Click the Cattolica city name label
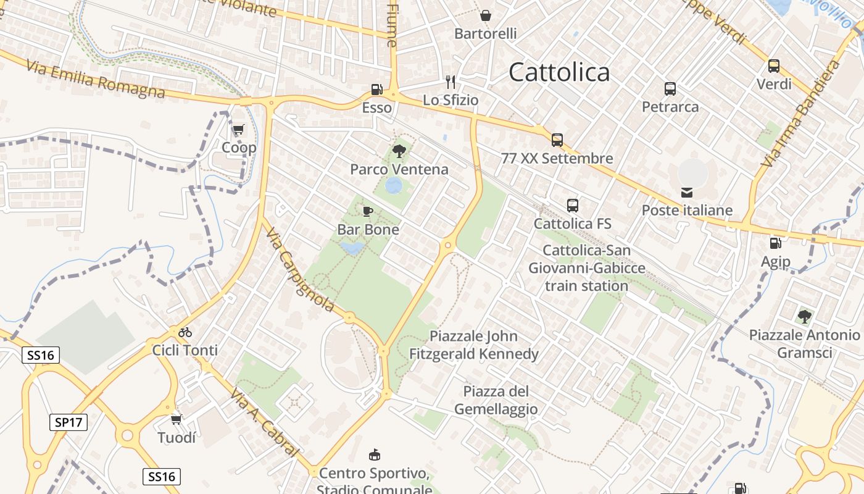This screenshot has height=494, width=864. [559, 72]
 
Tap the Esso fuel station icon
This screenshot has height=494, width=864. [376, 90]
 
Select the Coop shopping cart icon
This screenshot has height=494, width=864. [238, 130]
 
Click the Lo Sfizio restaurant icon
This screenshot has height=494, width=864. [451, 82]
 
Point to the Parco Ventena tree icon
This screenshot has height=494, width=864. [399, 151]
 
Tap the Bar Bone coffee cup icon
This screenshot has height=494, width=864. [368, 212]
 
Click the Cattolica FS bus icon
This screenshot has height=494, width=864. [573, 206]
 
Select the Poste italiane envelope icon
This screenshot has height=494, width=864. [687, 193]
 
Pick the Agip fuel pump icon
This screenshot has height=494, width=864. [775, 243]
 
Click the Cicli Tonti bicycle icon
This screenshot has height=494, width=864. [185, 332]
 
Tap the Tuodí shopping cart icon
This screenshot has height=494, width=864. [177, 420]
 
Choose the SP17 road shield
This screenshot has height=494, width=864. [69, 422]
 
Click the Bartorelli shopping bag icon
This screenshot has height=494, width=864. [486, 15]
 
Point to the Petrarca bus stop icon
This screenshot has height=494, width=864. [670, 89]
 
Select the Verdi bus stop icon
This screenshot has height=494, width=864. [774, 66]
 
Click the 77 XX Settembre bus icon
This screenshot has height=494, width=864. [557, 140]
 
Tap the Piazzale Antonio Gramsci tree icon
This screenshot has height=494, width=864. [804, 317]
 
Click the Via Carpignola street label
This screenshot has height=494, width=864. [299, 270]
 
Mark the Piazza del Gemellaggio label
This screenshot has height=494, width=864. [496, 400]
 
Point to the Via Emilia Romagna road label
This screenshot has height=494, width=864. [96, 79]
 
